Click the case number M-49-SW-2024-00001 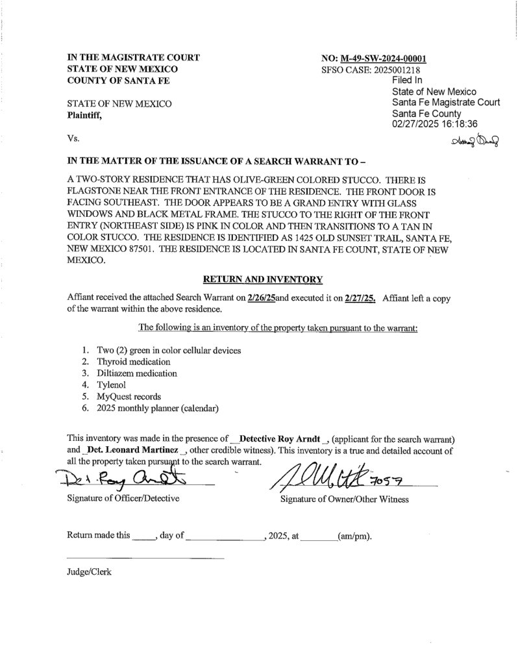(387, 58)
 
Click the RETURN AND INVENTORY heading (263, 279)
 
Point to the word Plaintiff (85, 115)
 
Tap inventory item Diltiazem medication (137, 373)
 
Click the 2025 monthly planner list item (157, 408)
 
